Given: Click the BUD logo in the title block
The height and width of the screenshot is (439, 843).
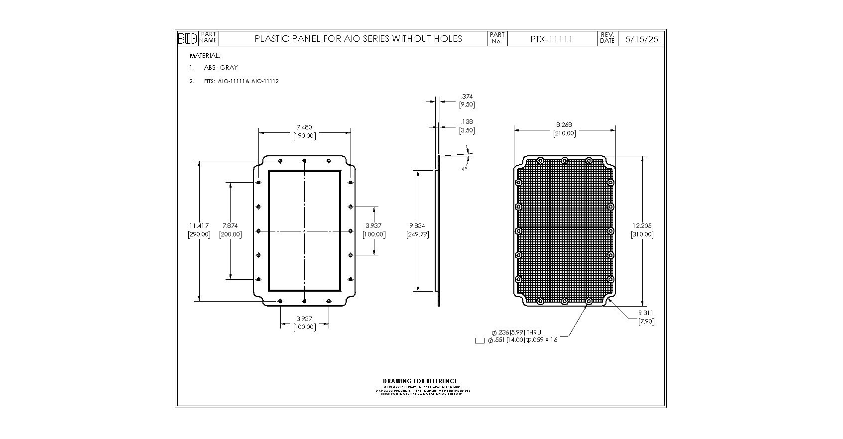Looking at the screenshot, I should pos(188,38).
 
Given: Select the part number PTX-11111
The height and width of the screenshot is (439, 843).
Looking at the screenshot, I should pos(551,39).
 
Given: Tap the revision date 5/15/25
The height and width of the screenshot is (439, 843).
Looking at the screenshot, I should pos(641,39).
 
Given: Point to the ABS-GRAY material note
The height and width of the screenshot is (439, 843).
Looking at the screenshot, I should pos(221,68).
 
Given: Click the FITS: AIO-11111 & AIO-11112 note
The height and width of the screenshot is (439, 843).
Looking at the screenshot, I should pos(241,81).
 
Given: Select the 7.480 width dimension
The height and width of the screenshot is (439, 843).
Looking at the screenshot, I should pos(304,127).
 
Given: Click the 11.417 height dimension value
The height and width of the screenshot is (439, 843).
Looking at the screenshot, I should pos(199,226).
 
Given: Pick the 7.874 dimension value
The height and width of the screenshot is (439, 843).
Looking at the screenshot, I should pos(230,226).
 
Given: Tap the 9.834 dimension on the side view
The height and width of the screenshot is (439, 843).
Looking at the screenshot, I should pos(417,226).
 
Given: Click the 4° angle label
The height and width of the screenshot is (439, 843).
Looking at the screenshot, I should pos(464,169).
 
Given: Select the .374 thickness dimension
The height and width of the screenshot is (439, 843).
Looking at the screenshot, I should pos(467,97).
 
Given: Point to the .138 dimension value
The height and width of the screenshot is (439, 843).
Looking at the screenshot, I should pos(467,122).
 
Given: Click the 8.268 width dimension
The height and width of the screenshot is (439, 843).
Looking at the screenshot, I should pos(564,125).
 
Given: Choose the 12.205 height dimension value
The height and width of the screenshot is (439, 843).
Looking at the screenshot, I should pos(642,226).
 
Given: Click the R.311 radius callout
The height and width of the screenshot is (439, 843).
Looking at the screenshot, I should pos(646,313).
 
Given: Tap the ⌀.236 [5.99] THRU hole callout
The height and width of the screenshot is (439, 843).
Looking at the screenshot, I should pos(516,332).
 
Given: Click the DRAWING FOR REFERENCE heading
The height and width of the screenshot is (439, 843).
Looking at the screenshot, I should pos(420,381).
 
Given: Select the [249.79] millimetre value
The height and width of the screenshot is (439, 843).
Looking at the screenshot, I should pos(417,234).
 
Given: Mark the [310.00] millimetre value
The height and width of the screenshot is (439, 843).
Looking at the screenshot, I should pos(642,234).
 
